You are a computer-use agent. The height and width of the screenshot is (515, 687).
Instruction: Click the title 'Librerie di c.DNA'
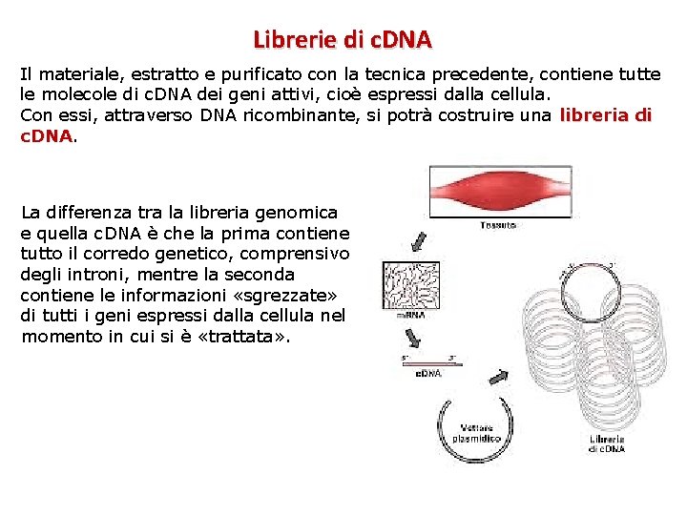[343, 40]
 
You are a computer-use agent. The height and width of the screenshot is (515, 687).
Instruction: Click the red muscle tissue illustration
[499, 192]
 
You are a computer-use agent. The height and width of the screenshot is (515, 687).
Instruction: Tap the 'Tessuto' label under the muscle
[498, 226]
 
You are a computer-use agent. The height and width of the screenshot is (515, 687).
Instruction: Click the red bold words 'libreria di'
[606, 116]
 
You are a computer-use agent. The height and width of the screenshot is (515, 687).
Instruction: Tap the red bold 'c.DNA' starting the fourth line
[47, 136]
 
